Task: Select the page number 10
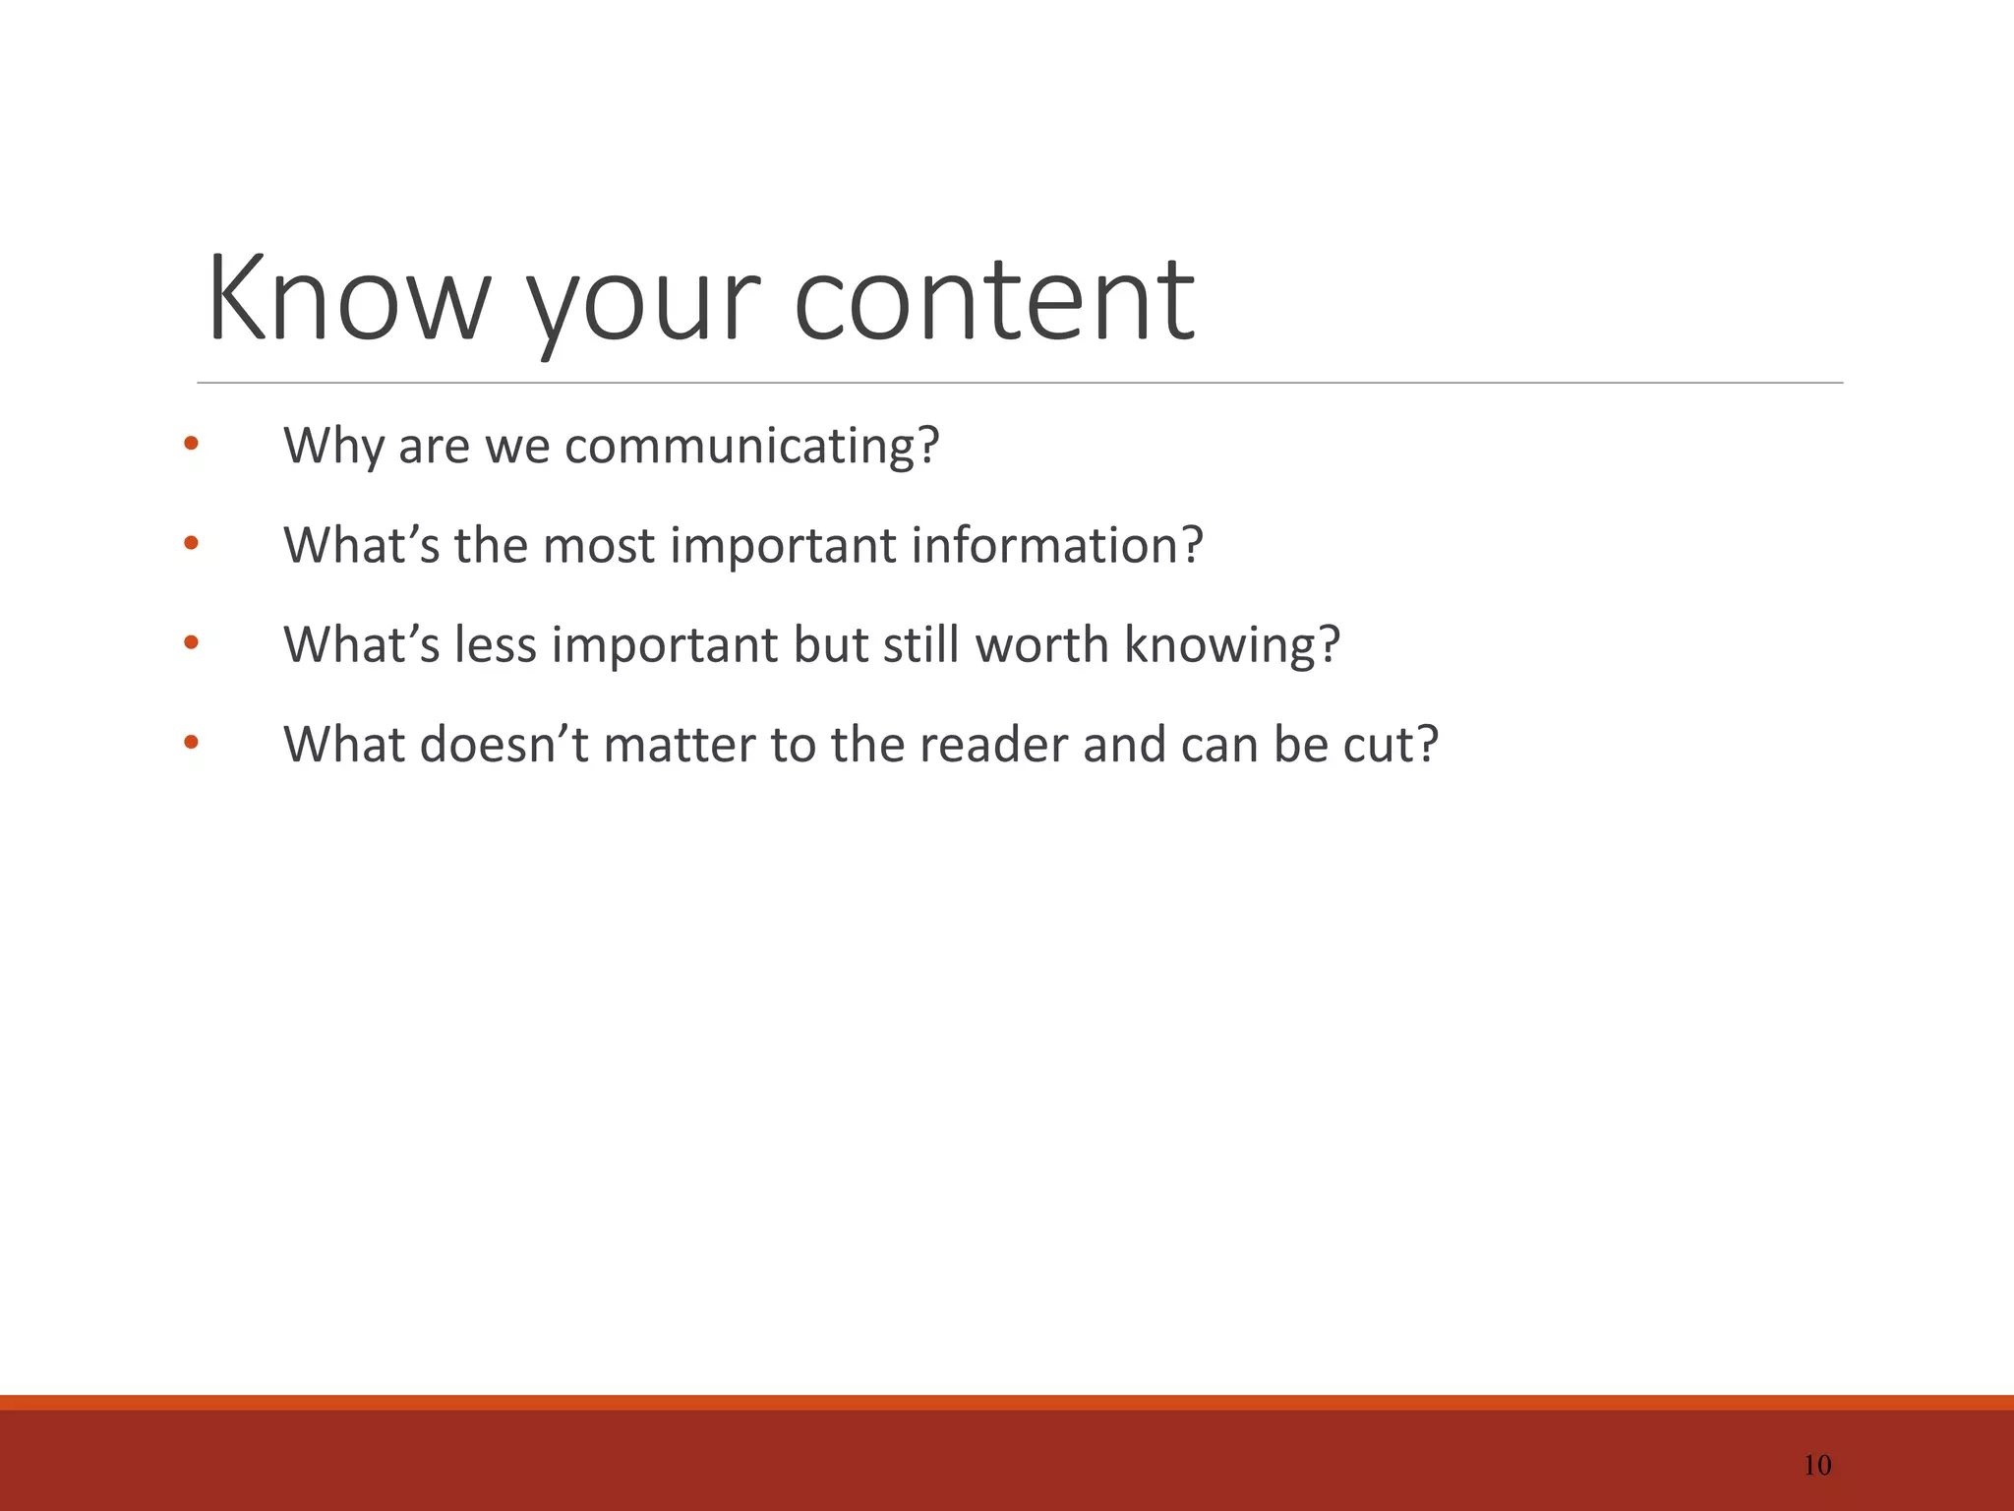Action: (x=1817, y=1465)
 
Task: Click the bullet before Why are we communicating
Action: (x=191, y=445)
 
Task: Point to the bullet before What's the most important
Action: (x=191, y=543)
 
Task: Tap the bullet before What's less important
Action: (x=191, y=643)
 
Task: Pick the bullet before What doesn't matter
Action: (x=191, y=743)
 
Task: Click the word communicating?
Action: (x=752, y=447)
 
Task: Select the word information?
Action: (x=1056, y=546)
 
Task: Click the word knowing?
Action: (x=1231, y=646)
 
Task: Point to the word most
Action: (x=598, y=546)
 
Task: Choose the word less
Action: (x=496, y=645)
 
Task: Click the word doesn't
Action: (x=503, y=745)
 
